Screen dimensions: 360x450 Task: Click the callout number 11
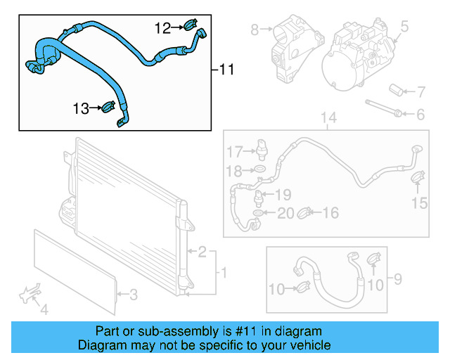[226, 70]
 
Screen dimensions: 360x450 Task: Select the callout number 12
[162, 27]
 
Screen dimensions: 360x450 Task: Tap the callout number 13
[81, 108]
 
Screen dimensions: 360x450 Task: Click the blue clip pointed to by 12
[188, 27]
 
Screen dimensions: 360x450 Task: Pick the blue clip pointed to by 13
[109, 108]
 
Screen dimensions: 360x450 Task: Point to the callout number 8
[255, 29]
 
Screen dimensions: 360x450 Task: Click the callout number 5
[404, 27]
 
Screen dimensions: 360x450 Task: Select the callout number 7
[420, 92]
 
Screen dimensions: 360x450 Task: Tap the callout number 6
[420, 114]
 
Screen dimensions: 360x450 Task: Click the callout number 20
[285, 213]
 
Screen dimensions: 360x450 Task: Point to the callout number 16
[330, 212]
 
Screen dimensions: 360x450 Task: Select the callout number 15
[419, 203]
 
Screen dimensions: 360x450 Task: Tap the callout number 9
[397, 280]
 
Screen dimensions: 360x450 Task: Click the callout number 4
[44, 309]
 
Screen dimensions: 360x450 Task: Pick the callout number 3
[134, 295]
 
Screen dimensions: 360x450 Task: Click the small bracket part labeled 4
[30, 293]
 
